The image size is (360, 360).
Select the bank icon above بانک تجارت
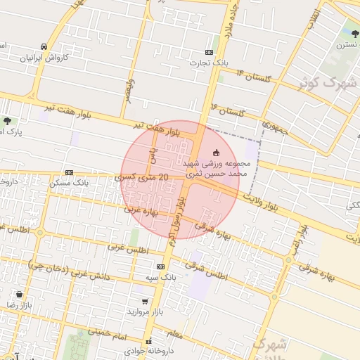click(x=209, y=52)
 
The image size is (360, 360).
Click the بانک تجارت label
click(x=209, y=63)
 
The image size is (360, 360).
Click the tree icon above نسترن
click(x=352, y=32)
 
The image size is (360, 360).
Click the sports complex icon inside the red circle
click(x=215, y=152)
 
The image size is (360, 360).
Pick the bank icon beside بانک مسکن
click(x=69, y=172)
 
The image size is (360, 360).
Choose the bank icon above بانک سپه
click(x=161, y=267)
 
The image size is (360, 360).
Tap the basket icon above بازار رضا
click(x=18, y=294)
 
